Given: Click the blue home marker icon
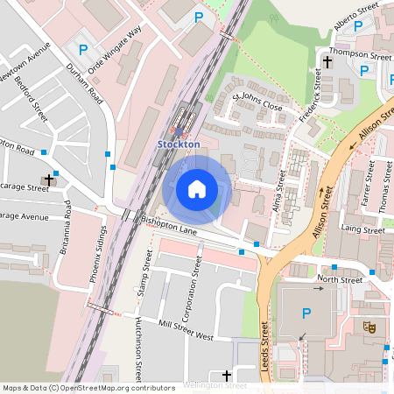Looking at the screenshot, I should coord(197,189).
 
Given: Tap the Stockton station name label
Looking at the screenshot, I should coord(179,144).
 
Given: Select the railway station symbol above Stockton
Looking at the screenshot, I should coord(179,130).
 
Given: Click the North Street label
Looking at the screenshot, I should coord(340,280).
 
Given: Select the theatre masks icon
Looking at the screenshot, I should coord(369,327).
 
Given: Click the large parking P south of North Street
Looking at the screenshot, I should coord(306,313).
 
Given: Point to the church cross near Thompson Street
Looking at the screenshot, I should coord(327,62).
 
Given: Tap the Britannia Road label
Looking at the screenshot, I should coord(67,226).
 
